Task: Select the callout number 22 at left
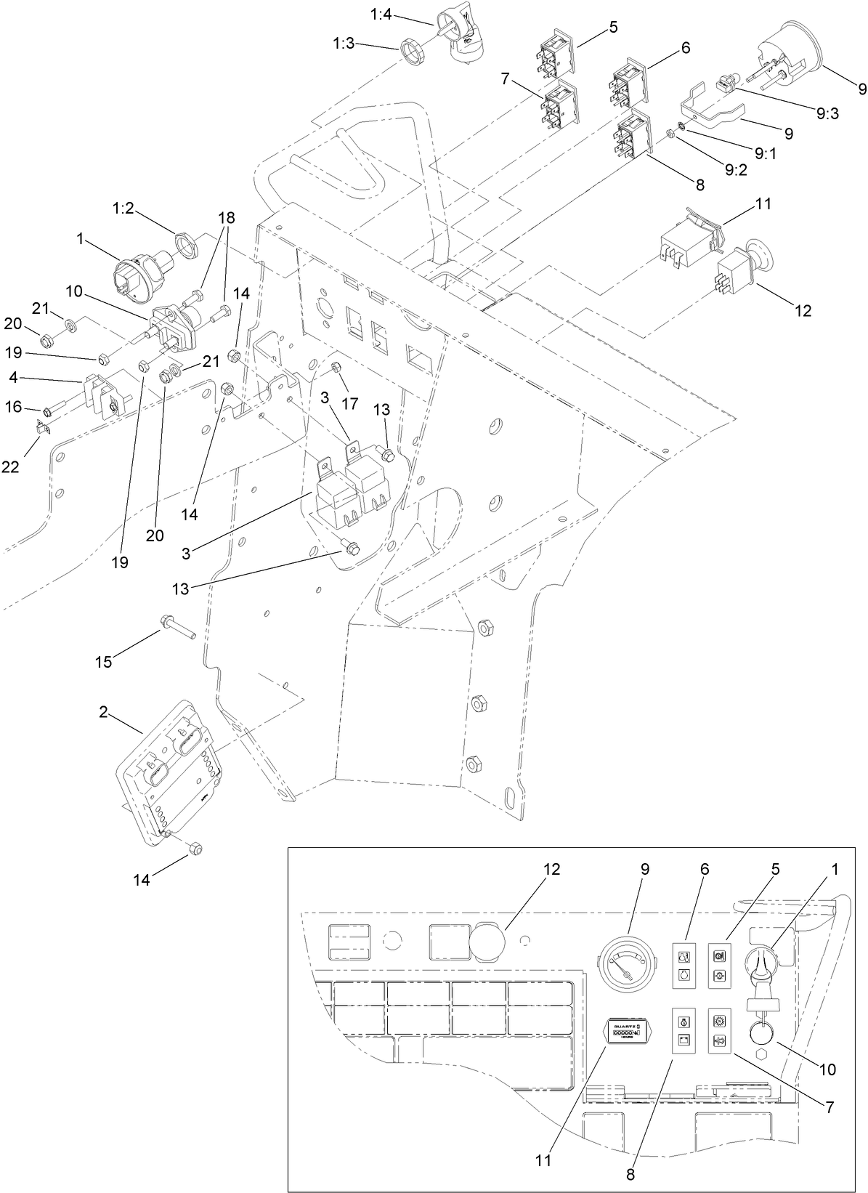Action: pyautogui.click(x=10, y=467)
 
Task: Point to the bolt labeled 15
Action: pyautogui.click(x=177, y=626)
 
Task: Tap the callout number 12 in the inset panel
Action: pyautogui.click(x=551, y=869)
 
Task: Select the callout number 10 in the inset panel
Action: pyautogui.click(x=827, y=1069)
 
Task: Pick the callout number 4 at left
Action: pyautogui.click(x=13, y=377)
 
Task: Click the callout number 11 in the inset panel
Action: pyautogui.click(x=543, y=1160)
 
